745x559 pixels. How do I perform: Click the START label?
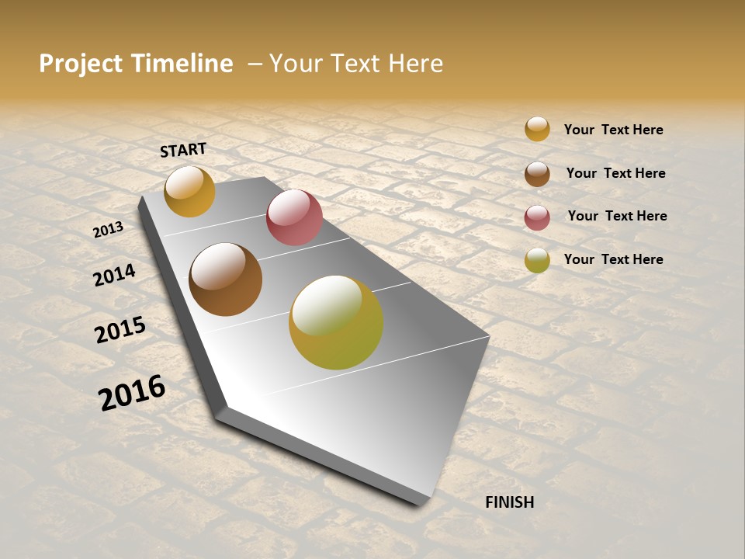pyautogui.click(x=183, y=150)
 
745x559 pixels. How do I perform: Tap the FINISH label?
pyautogui.click(x=510, y=502)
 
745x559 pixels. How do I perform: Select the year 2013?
pyautogui.click(x=109, y=229)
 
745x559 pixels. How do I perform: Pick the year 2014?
pyautogui.click(x=114, y=275)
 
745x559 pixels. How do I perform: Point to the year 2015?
pyautogui.click(x=120, y=330)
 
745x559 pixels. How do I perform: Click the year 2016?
pyautogui.click(x=132, y=392)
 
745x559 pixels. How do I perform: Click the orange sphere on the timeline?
pyautogui.click(x=189, y=191)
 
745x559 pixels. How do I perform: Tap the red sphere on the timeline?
pyautogui.click(x=294, y=217)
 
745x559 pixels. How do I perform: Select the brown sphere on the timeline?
pyautogui.click(x=225, y=279)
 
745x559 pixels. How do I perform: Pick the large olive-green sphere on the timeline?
pyautogui.click(x=336, y=322)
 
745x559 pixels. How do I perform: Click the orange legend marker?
pyautogui.click(x=537, y=129)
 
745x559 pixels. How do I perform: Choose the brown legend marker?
pyautogui.click(x=537, y=174)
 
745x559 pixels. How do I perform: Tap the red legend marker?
pyautogui.click(x=537, y=217)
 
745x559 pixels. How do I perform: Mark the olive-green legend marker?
pyautogui.click(x=537, y=260)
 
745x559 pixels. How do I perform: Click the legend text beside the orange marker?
pyautogui.click(x=613, y=130)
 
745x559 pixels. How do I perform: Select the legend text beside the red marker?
pyautogui.click(x=617, y=216)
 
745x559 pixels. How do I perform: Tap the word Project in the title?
pyautogui.click(x=81, y=64)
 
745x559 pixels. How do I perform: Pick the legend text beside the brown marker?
pyautogui.click(x=615, y=173)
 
